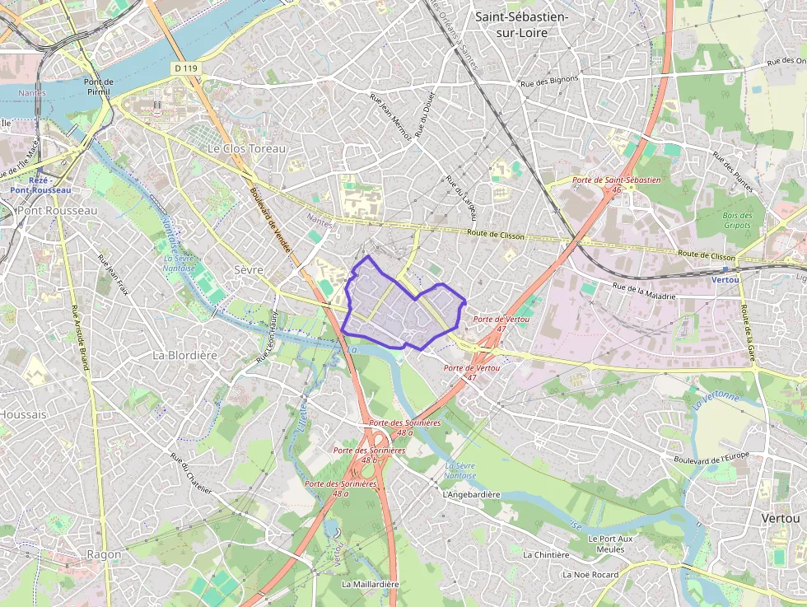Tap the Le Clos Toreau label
coord(246,149)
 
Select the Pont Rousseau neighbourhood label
coord(57,210)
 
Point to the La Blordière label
coord(184,355)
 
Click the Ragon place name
coord(104,554)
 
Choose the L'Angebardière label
coord(471,495)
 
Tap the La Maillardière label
coord(370,584)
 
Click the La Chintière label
coord(546,555)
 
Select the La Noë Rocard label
coord(590,574)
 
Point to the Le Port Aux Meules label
coord(611,544)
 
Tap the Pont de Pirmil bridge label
coord(103,87)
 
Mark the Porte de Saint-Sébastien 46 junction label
coord(617,184)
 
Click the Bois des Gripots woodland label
coord(737,220)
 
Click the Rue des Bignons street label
coord(551,82)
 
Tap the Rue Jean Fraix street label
coord(114,275)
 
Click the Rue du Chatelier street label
coord(191,473)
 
